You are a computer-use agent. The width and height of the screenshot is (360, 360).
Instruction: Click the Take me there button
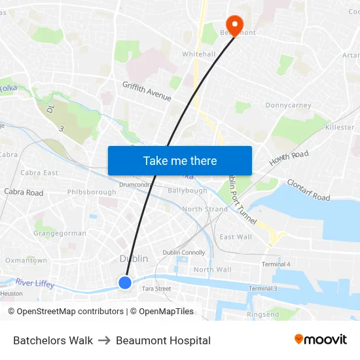[x=180, y=160]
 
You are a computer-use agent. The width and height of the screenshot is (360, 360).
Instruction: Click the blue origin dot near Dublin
[x=125, y=283]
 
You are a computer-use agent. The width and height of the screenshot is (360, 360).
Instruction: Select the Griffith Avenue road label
[x=147, y=91]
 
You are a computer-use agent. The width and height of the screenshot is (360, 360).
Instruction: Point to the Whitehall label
[x=198, y=54]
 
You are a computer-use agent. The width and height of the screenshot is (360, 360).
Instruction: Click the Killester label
[x=339, y=127]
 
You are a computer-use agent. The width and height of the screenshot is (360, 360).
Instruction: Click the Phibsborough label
[x=92, y=192]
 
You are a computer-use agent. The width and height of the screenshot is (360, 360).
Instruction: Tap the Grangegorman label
[x=60, y=233]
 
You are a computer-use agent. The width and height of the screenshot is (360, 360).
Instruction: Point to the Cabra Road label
[x=24, y=192]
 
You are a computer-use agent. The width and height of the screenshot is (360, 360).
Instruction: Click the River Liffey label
[x=36, y=283]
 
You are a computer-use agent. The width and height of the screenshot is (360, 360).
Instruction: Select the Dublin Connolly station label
[x=184, y=253]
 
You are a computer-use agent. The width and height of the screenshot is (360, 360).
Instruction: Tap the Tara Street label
[x=156, y=289]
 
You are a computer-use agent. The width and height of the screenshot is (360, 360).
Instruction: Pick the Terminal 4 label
[x=276, y=264]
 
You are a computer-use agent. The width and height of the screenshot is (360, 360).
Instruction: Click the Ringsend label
[x=262, y=315]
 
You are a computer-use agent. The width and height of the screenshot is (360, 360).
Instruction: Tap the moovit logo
[x=321, y=340]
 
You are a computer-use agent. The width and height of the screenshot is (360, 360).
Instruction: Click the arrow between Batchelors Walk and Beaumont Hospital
[x=104, y=340]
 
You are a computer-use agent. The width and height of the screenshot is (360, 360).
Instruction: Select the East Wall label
[x=236, y=237]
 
